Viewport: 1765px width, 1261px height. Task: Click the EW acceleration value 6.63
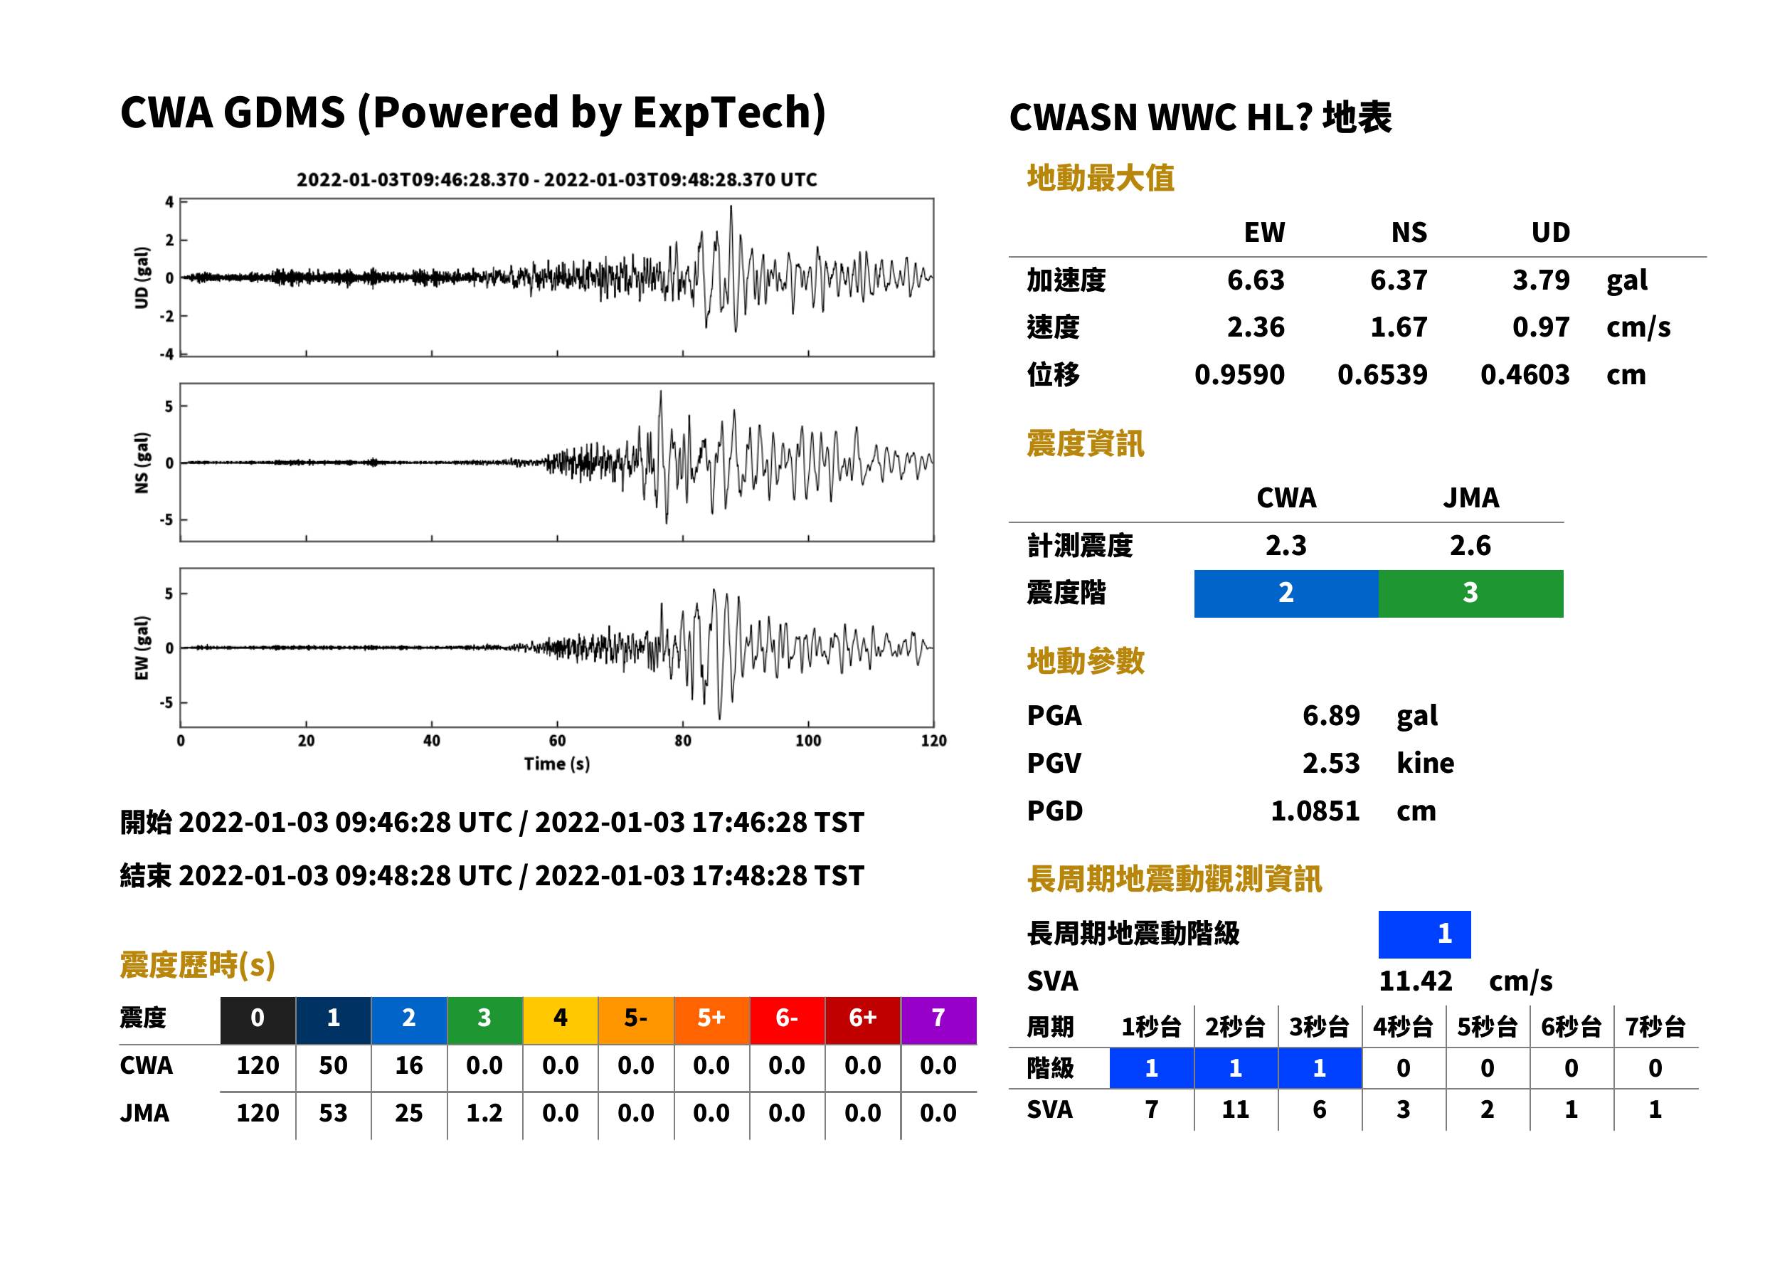point(1255,280)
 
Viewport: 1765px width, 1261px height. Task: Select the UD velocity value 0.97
point(1541,327)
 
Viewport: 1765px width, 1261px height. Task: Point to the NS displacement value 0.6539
point(1382,375)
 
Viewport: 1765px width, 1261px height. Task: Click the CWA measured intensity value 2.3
point(1286,546)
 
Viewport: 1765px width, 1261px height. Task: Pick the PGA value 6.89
point(1331,716)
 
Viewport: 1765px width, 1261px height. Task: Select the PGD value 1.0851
point(1315,811)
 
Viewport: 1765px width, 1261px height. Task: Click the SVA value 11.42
point(1415,981)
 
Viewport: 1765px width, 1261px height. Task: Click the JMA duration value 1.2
point(484,1114)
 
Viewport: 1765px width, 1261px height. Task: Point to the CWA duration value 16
point(409,1065)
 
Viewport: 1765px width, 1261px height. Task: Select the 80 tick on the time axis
point(683,741)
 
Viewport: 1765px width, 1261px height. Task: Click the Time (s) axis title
point(556,764)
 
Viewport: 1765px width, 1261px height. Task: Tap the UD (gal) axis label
point(142,278)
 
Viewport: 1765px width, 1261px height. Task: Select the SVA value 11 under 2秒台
point(1236,1109)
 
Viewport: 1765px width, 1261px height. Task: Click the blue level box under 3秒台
point(1320,1068)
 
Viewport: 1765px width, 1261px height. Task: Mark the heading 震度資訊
point(1085,444)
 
